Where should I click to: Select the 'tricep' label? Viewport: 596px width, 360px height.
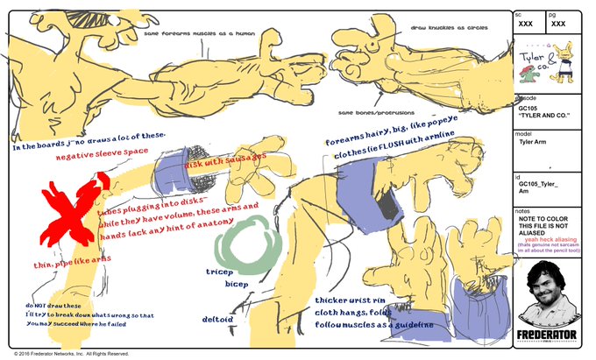(x=219, y=272)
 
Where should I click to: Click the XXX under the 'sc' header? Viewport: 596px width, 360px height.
(x=527, y=24)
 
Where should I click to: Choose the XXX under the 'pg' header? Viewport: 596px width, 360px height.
(x=558, y=24)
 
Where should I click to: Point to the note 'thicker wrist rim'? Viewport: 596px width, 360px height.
(x=351, y=300)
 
